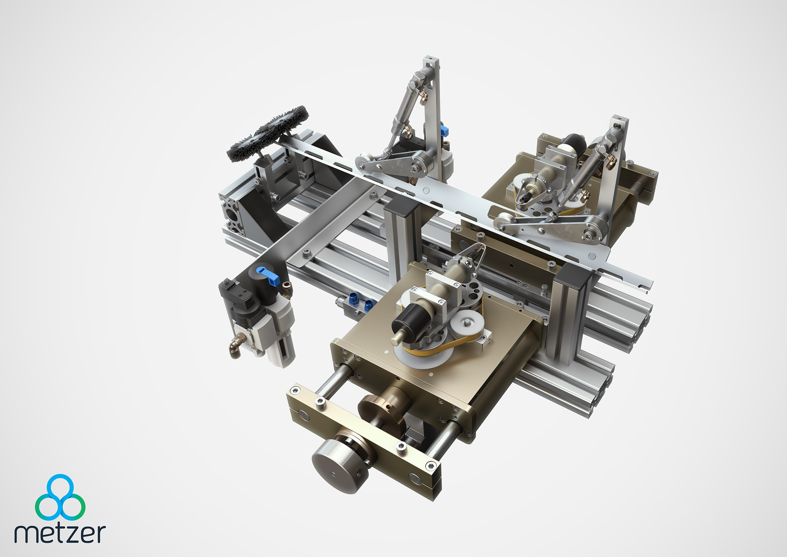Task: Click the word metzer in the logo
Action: click(60, 533)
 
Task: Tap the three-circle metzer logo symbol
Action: click(60, 497)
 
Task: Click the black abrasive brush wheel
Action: click(267, 133)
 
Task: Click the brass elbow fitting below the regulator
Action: click(236, 345)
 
